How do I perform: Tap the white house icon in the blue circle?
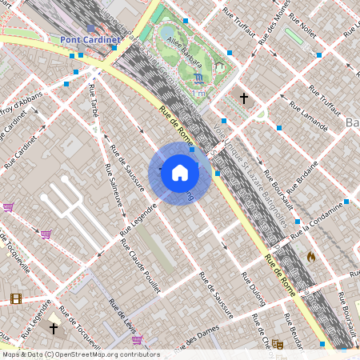pyautogui.click(x=180, y=173)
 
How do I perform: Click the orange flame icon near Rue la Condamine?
pyautogui.click(x=310, y=257)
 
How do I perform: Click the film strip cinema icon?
pyautogui.click(x=16, y=298)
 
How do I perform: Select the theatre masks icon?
pyautogui.click(x=278, y=344)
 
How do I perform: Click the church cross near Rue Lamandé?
pyautogui.click(x=244, y=98)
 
